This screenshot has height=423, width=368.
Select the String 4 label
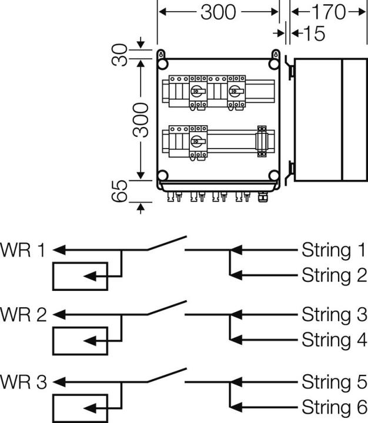pyautogui.click(x=333, y=340)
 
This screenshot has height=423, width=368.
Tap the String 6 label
pyautogui.click(x=333, y=407)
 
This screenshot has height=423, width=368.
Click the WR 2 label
pyautogui.click(x=24, y=315)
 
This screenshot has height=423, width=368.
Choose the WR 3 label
pyautogui.click(x=24, y=382)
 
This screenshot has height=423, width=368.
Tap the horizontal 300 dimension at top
pyautogui.click(x=218, y=12)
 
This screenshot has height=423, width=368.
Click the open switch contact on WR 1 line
pyautogui.click(x=166, y=243)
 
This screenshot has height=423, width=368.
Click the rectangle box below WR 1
pyautogui.click(x=80, y=276)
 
